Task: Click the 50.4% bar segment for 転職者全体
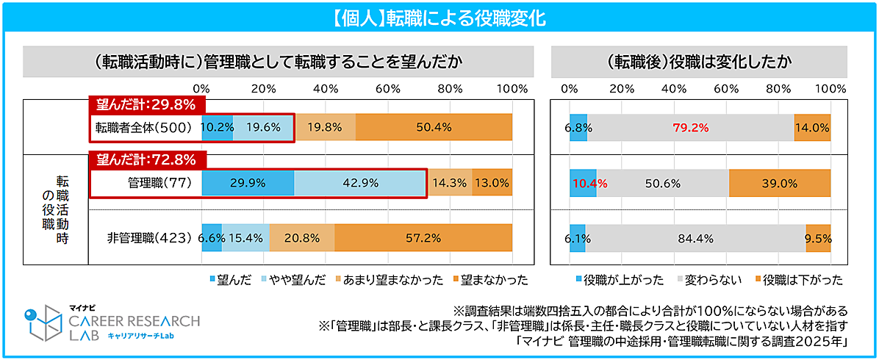[x=434, y=127]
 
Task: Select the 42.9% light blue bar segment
[x=359, y=184]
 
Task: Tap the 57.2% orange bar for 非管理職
[x=423, y=238]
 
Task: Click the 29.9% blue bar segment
[x=248, y=184]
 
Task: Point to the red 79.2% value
[x=691, y=127]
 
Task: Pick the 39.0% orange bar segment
[x=780, y=184]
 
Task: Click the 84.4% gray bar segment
[x=695, y=238]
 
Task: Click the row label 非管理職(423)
[x=149, y=238]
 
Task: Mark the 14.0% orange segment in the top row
[x=812, y=127]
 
